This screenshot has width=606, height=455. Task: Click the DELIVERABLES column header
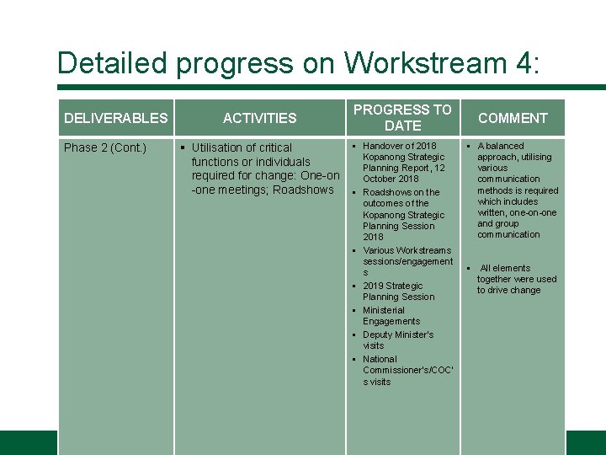(116, 118)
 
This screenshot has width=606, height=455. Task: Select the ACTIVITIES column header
(259, 118)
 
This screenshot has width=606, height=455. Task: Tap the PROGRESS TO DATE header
(402, 117)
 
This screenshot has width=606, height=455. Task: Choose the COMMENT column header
(513, 118)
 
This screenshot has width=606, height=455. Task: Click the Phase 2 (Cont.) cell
(105, 148)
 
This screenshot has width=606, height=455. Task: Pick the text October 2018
(391, 179)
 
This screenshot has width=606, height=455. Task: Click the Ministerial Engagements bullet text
(391, 315)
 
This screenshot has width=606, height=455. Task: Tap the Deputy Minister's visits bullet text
(397, 340)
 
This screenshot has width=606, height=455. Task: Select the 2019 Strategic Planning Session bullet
(398, 291)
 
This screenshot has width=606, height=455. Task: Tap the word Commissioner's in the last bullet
(404, 370)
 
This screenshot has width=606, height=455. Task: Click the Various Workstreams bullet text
(407, 250)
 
